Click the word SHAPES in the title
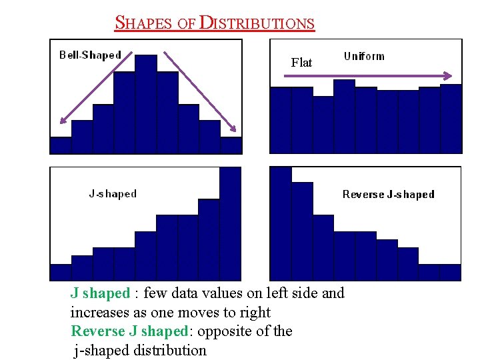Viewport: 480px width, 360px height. click(145, 23)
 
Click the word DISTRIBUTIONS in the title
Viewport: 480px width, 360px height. click(257, 23)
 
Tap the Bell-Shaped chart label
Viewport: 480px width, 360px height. click(90, 55)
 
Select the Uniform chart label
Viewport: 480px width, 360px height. click(364, 56)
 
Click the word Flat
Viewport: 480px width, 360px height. click(301, 63)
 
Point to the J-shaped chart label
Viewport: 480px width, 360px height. click(113, 194)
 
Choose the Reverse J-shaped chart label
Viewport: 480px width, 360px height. click(388, 195)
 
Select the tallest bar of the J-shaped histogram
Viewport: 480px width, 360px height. click(230, 223)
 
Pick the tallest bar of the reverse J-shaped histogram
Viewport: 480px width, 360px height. click(281, 223)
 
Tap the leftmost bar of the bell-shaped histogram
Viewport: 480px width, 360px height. click(61, 145)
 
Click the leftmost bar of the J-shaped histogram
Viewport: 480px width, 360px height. click(61, 272)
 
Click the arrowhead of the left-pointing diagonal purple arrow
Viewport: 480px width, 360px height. click(62, 122)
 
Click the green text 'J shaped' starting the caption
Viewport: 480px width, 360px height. click(100, 293)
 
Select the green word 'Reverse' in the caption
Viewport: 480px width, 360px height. click(97, 331)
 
